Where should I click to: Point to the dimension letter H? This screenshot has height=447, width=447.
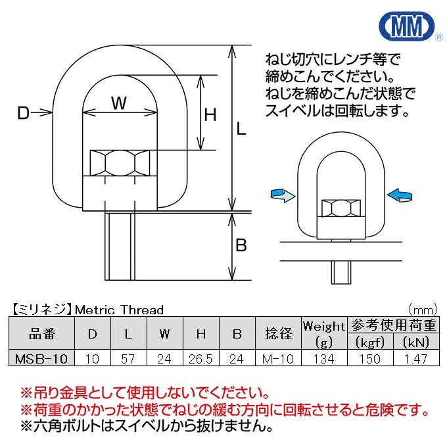210,116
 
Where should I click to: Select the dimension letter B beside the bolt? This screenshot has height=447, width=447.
241,246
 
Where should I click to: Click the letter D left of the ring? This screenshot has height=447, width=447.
24,114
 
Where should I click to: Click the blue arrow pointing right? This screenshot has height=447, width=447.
282,195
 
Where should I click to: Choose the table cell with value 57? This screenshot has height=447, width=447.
128,359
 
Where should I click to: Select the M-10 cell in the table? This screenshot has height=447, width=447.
278,359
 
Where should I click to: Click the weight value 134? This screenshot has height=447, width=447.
324,359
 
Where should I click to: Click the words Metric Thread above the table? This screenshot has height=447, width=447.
118,309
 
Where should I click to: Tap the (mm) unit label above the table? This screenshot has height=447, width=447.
421,309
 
